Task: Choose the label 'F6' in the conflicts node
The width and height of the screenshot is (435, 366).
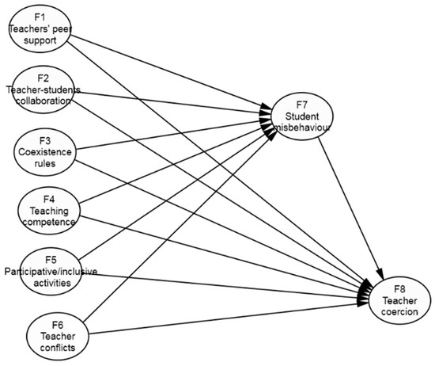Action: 58,324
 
